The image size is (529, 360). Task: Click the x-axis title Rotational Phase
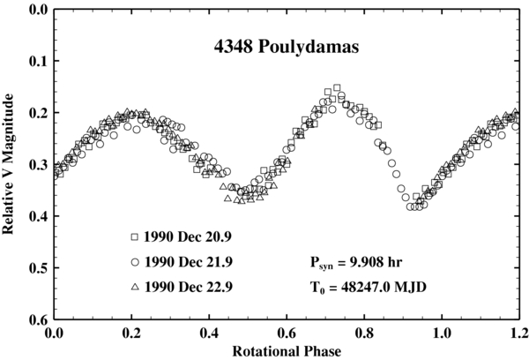pyautogui.click(x=284, y=350)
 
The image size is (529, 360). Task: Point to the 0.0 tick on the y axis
pyautogui.click(x=37, y=11)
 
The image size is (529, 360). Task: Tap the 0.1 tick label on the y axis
pyautogui.click(x=37, y=62)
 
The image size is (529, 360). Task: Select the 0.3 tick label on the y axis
pyautogui.click(x=37, y=165)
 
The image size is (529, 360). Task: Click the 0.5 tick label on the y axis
pyautogui.click(x=37, y=267)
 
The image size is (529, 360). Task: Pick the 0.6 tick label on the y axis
pyautogui.click(x=37, y=319)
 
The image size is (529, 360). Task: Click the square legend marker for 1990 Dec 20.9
pyautogui.click(x=135, y=236)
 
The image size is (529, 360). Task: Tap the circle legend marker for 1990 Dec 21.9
pyautogui.click(x=135, y=262)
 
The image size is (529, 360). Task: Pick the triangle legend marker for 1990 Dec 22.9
pyautogui.click(x=135, y=287)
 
